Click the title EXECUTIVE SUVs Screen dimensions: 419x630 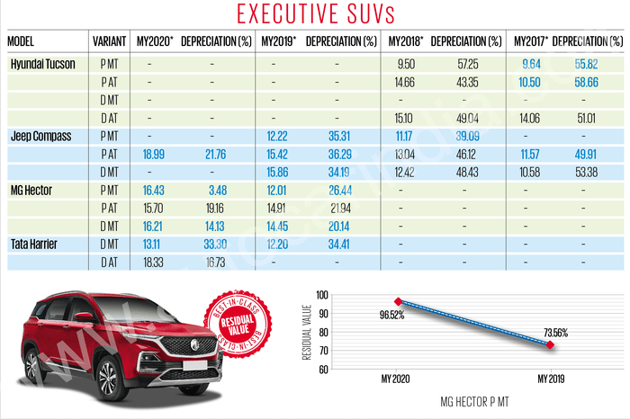click(315, 14)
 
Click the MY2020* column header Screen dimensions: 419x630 click(155, 42)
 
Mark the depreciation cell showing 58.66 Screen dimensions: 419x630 click(589, 82)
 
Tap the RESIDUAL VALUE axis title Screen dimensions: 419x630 click(310, 333)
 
